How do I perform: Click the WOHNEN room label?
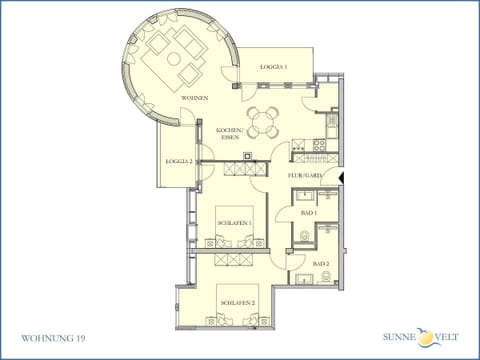tap(194, 98)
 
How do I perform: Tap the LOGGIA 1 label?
tap(274, 66)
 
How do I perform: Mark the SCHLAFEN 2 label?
tap(237, 302)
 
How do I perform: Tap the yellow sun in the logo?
tap(426, 337)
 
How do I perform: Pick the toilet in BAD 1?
tap(304, 237)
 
